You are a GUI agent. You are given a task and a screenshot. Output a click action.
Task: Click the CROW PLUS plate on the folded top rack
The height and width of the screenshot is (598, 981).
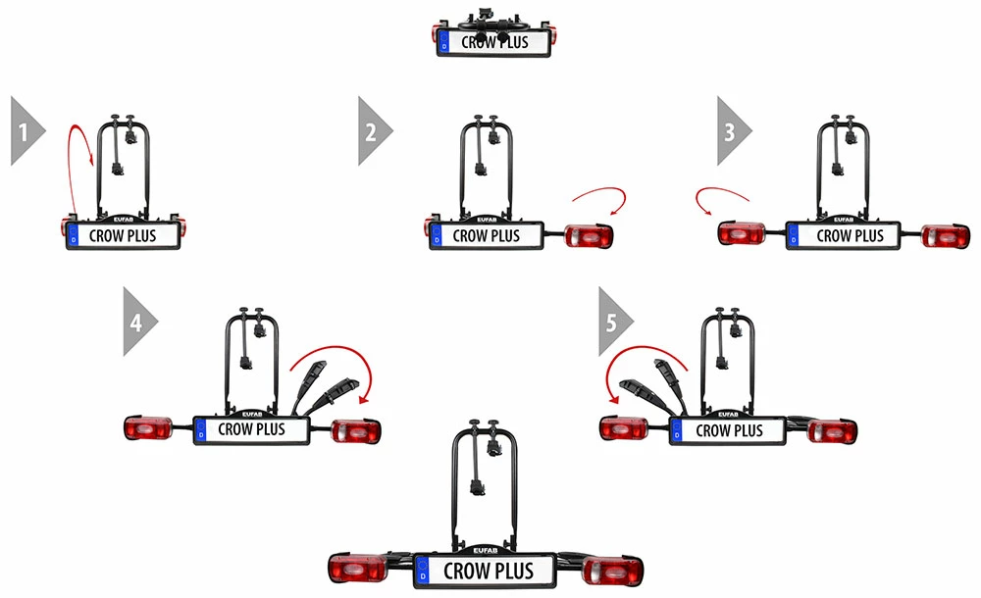[493, 43]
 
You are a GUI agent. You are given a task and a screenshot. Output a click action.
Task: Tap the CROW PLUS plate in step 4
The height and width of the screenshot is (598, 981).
[251, 428]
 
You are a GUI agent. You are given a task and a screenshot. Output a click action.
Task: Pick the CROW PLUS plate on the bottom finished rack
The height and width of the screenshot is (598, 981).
[488, 571]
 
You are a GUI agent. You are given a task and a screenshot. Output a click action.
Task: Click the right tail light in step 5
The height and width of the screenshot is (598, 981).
[833, 430]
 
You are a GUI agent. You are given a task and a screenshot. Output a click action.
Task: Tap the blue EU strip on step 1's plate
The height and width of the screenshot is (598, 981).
[74, 235]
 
